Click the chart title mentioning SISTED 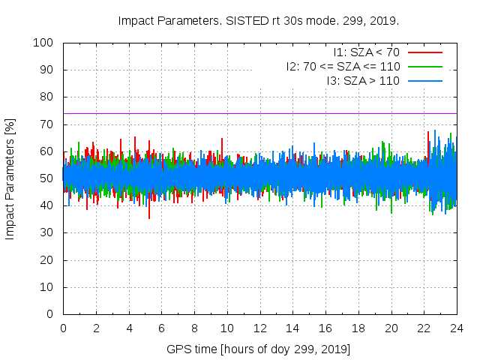(259, 20)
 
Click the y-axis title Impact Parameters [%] (10, 178)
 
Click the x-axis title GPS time (259, 349)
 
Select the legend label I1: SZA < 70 (366, 52)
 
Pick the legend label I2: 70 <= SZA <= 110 (343, 66)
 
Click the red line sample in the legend (424, 52)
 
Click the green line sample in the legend (424, 66)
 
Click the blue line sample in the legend (424, 79)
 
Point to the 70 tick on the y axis (46, 124)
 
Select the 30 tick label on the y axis (46, 232)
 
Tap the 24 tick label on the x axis (457, 328)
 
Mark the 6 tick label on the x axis (161, 328)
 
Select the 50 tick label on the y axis (46, 178)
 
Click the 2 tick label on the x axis (96, 328)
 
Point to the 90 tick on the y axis (46, 70)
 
